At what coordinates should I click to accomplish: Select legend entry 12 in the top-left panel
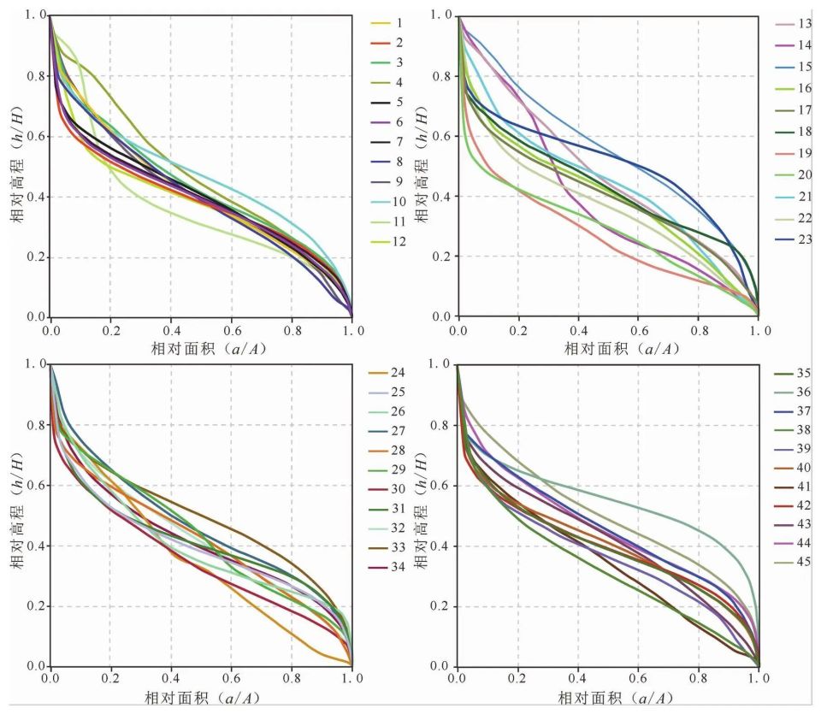387,241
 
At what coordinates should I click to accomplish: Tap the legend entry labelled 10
387,201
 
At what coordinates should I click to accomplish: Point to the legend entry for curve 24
387,373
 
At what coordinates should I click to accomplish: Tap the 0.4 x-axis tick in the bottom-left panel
170,679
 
